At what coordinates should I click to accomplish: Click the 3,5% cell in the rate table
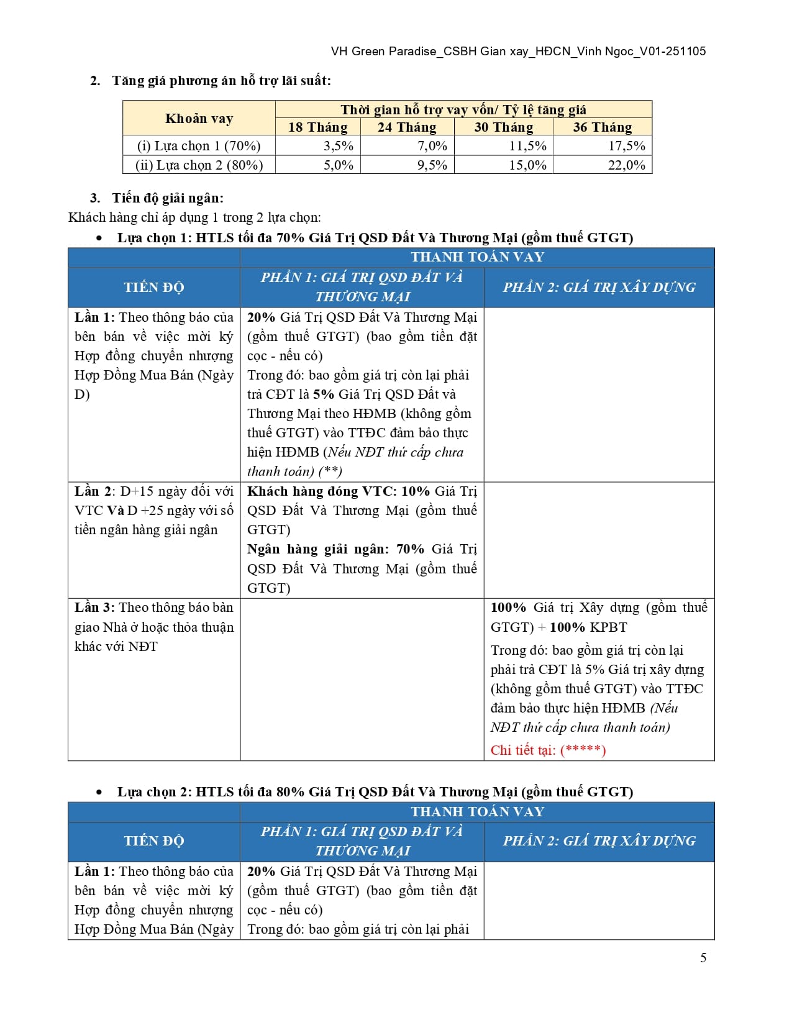pos(338,146)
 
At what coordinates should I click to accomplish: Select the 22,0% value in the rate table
pos(626,165)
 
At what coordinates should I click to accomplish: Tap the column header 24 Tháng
pos(407,127)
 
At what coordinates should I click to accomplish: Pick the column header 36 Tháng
pos(602,127)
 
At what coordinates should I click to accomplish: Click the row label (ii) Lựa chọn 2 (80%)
pos(199,165)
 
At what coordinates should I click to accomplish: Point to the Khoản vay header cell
pos(199,119)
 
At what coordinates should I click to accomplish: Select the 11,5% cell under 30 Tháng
pos(527,146)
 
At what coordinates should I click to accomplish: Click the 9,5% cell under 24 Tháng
pos(432,165)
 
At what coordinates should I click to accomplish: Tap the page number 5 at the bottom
pos(703,957)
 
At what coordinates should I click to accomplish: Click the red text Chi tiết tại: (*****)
pos(548,750)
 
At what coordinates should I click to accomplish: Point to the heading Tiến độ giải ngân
pos(167,198)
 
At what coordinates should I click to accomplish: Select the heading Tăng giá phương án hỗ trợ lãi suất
pos(221,81)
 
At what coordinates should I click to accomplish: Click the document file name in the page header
pos(518,52)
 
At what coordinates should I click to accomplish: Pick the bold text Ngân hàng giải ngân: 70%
pos(335,549)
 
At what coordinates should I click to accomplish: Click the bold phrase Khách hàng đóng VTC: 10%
pos(338,491)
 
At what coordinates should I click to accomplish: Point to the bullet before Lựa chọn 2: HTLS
pos(99,793)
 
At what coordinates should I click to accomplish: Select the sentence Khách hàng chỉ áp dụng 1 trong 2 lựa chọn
pos(194,217)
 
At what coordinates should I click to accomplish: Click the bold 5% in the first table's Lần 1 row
pos(324,394)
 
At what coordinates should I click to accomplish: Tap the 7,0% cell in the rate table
pos(432,146)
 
